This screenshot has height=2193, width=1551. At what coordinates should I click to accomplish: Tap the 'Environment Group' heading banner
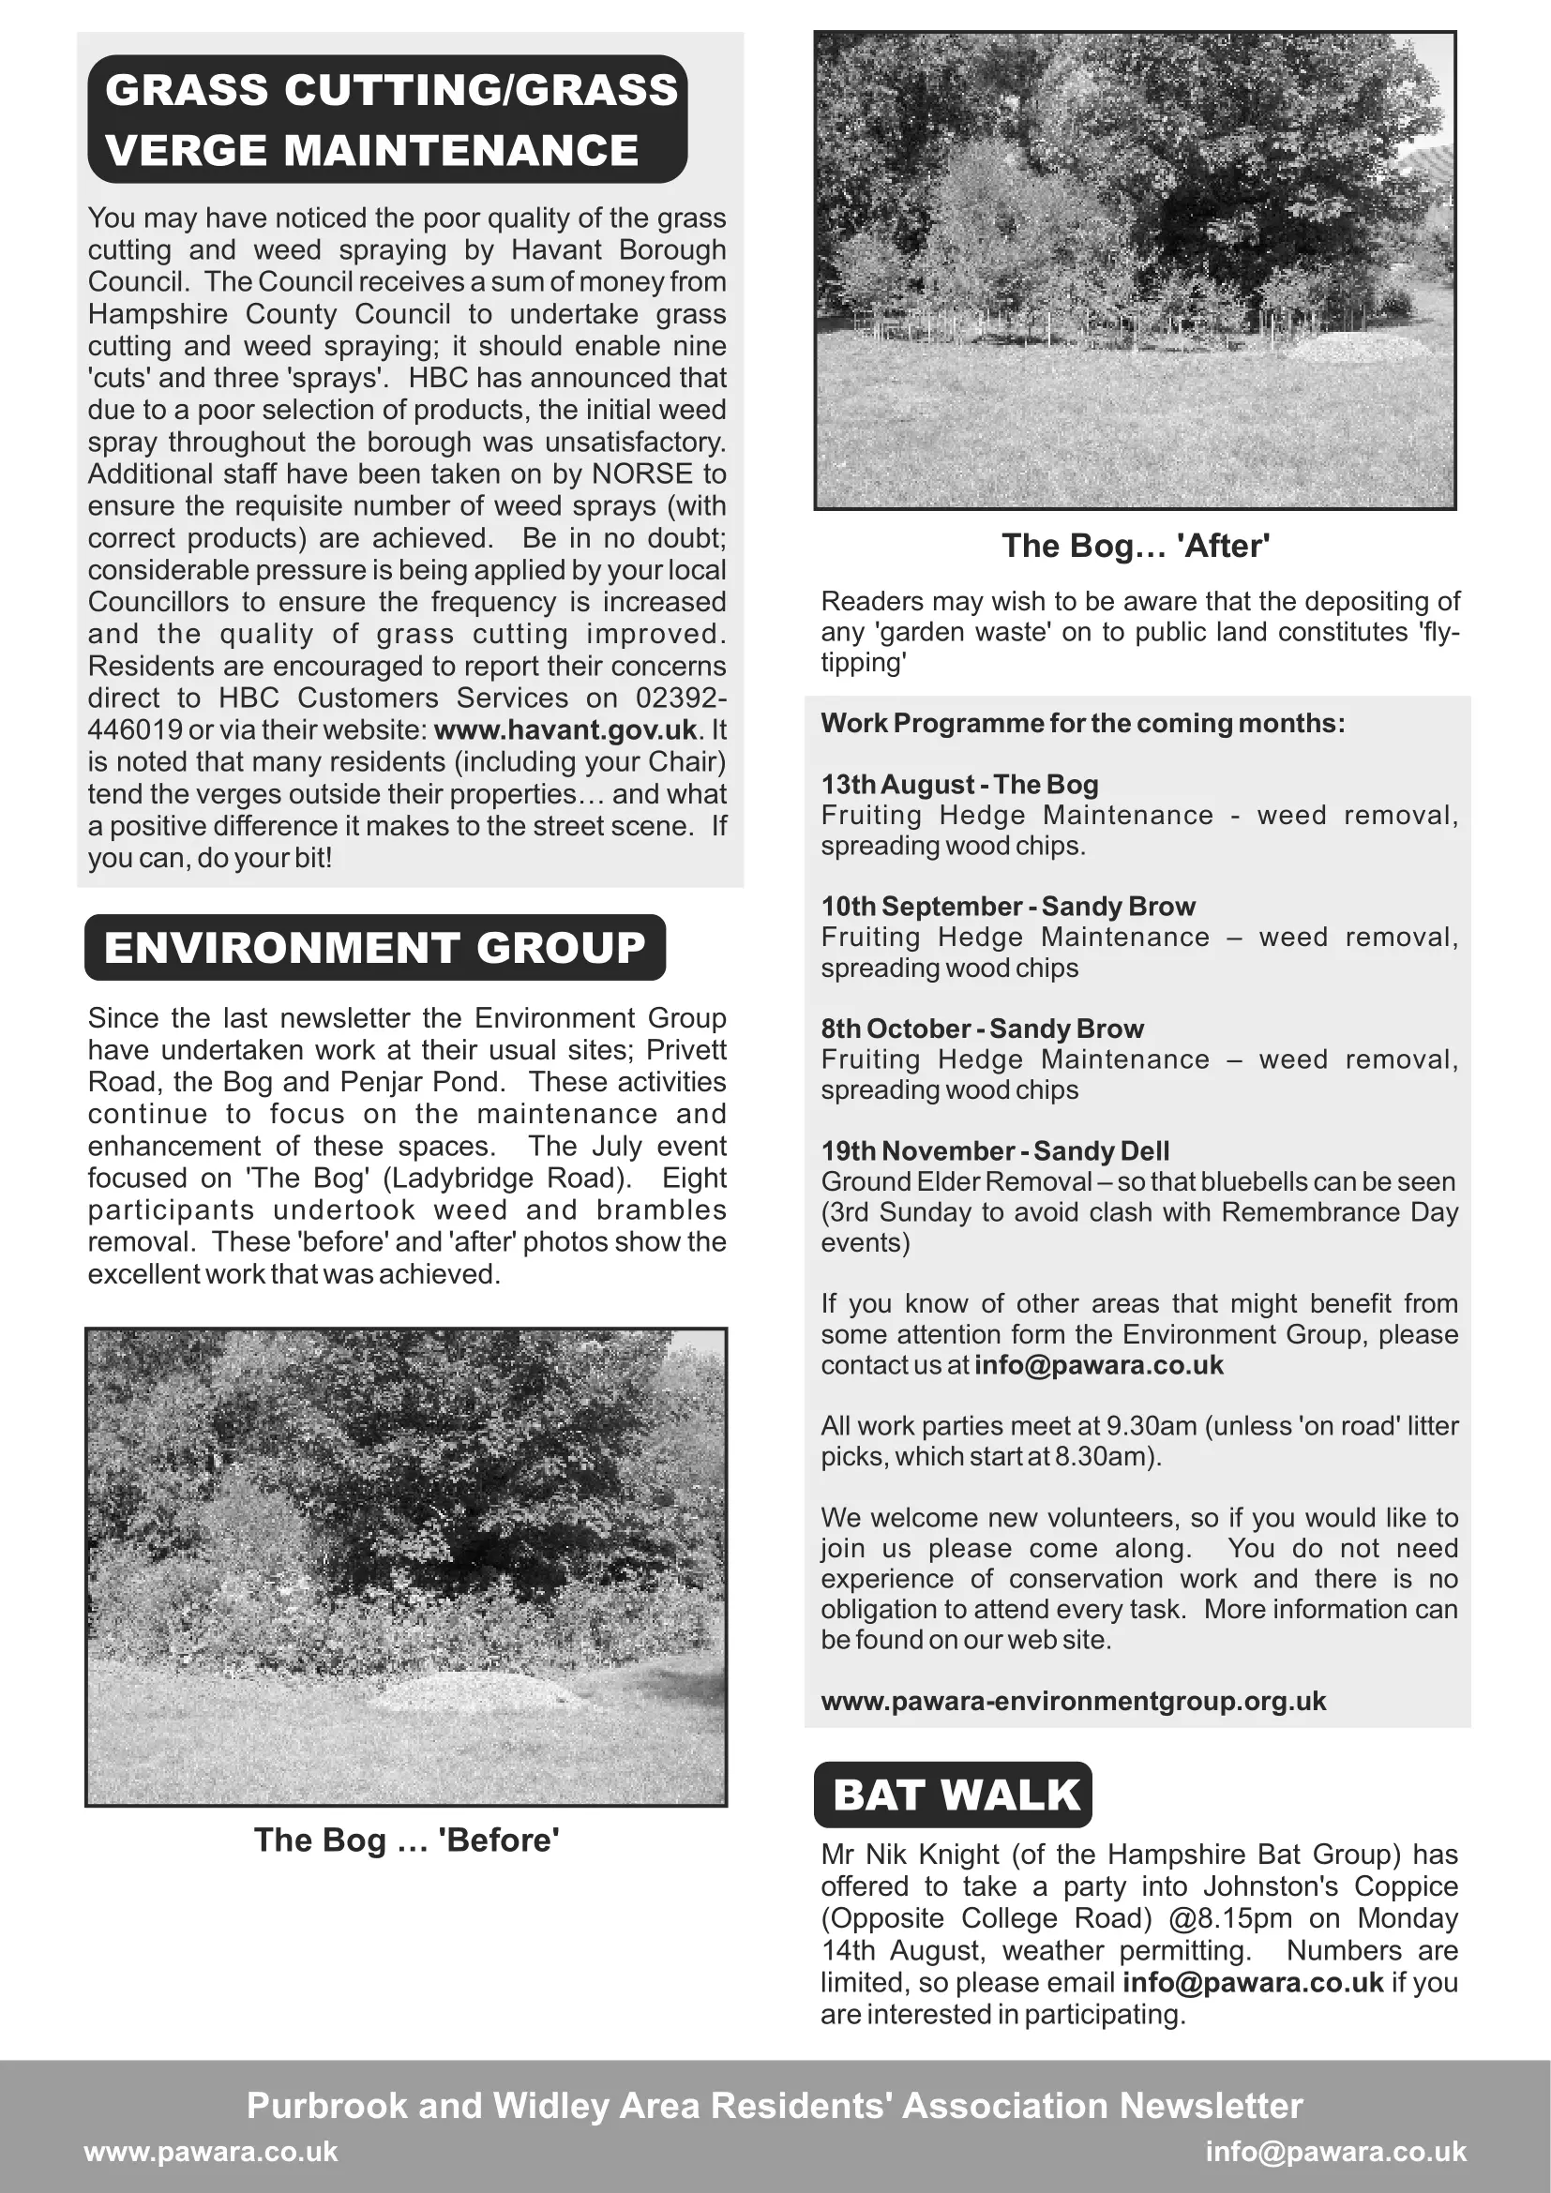coord(374,948)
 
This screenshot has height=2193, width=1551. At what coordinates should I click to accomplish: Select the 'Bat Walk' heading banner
coord(953,1795)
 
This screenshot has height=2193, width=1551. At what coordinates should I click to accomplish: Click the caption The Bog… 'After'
coord(1135,547)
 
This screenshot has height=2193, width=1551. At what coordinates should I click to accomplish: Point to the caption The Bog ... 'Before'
coord(406,1840)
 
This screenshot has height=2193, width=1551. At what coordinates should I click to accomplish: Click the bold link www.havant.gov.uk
coord(565,729)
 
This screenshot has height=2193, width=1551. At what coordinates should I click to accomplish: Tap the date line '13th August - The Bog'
coord(959,784)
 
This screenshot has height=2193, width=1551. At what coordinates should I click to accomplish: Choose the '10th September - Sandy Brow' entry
coord(1007,907)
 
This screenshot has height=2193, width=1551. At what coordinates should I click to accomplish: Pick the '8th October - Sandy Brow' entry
coord(982,1029)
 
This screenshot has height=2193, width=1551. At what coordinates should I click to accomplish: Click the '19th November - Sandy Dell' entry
coord(994,1151)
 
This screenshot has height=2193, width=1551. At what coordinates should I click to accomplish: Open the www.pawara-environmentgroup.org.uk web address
coord(1073,1701)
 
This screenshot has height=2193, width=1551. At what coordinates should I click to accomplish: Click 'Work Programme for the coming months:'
coord(1082,723)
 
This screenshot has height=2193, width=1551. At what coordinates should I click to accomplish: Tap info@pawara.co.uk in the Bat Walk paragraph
coord(1252,1982)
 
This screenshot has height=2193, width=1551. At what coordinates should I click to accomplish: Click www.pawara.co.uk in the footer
coord(211,2151)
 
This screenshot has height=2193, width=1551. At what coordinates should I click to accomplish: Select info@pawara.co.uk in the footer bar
coord(1335,2151)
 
